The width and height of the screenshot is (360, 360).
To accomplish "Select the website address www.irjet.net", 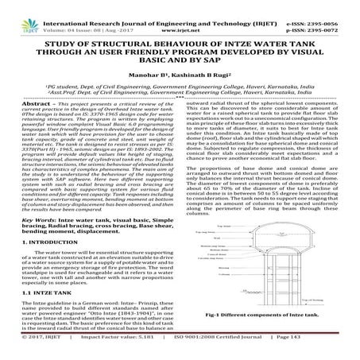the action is (x=179, y=13).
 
